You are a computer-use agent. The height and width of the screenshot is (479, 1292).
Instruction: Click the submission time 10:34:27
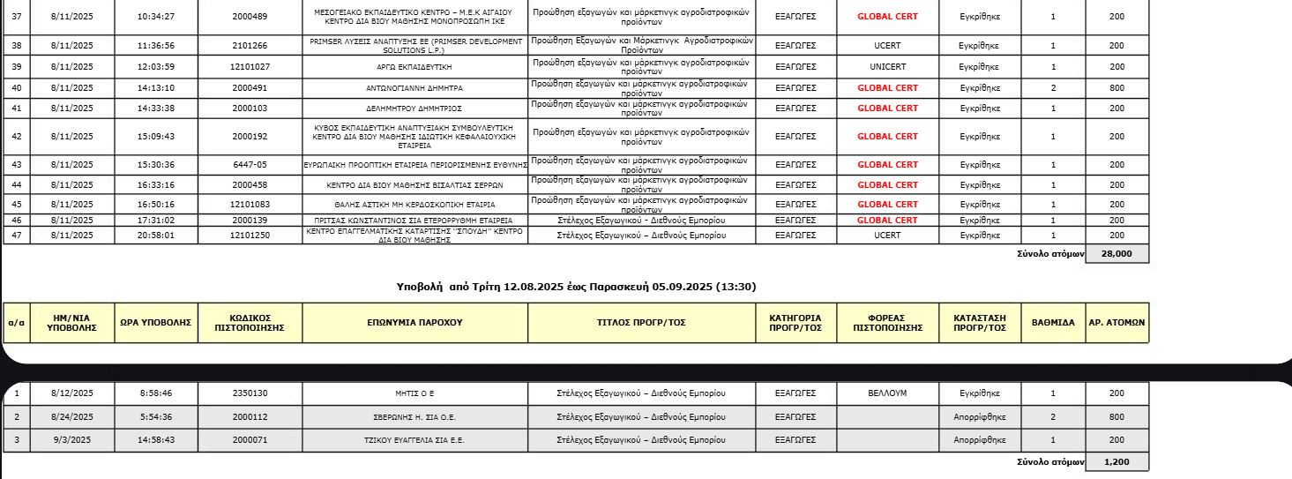click(x=156, y=17)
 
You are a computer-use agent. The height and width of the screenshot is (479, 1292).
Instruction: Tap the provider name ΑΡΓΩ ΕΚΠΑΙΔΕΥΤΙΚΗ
click(x=414, y=66)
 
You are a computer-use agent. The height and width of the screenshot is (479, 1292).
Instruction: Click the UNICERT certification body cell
click(x=887, y=66)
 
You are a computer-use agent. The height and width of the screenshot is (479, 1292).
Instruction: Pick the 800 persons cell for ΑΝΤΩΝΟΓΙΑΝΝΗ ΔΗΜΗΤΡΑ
click(x=1116, y=88)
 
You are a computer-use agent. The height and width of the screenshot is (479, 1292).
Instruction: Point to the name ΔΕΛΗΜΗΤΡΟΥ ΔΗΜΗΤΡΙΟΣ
click(x=414, y=109)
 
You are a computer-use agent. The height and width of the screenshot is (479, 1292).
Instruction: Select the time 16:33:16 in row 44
click(x=156, y=185)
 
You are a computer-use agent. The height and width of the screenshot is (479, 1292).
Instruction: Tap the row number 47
click(x=17, y=236)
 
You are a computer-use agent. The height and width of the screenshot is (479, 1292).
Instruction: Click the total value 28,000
click(x=1116, y=254)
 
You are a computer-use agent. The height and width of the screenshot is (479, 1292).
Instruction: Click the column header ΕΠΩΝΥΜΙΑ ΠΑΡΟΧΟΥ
click(x=414, y=323)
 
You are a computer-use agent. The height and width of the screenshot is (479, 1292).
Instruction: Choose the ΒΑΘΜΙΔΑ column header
click(x=1053, y=323)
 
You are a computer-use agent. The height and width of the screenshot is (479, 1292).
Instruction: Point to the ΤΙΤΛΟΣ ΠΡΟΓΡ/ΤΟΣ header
click(x=641, y=323)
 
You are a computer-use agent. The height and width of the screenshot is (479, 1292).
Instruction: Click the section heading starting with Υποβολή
click(x=577, y=287)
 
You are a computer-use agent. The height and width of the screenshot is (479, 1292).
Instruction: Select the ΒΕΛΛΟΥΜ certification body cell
click(x=887, y=393)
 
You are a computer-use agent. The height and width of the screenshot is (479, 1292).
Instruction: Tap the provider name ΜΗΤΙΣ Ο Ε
click(x=414, y=393)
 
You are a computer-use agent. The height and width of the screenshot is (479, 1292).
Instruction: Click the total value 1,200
click(x=1116, y=462)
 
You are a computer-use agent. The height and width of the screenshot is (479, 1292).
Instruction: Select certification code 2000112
click(x=250, y=416)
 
